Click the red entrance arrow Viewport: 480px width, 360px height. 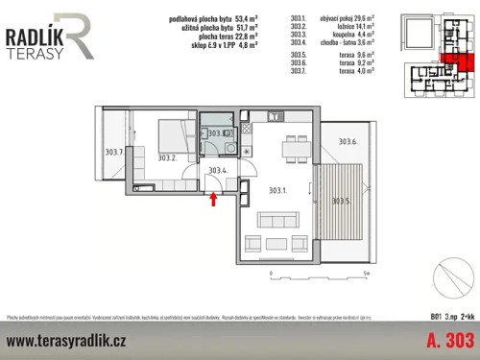[x=213, y=199]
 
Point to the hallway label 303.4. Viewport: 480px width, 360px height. [x=219, y=171]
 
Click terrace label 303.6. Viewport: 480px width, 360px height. [x=348, y=142]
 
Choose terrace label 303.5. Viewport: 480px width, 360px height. [x=341, y=201]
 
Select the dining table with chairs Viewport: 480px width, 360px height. [x=292, y=149]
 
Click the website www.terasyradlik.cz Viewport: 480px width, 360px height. [x=66, y=341]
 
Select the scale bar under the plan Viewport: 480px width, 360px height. [x=316, y=272]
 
